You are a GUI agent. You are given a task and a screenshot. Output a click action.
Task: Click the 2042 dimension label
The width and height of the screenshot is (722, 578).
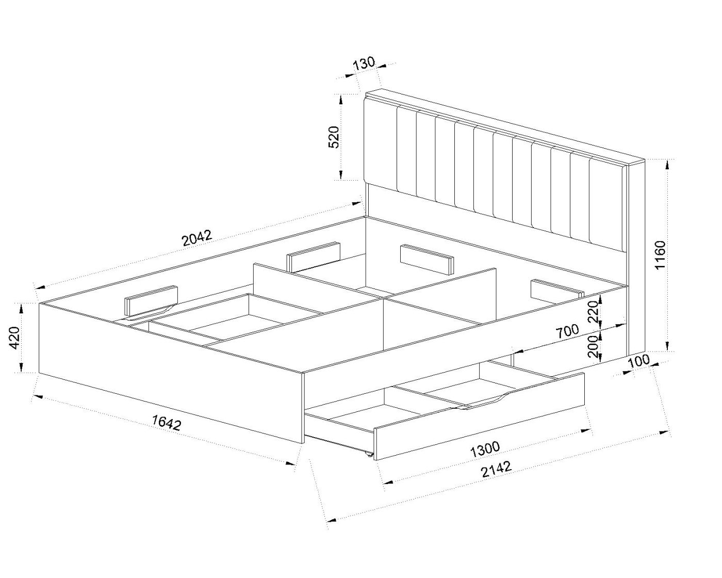(198, 238)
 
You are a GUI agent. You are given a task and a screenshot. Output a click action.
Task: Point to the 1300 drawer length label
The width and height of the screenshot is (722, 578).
(485, 449)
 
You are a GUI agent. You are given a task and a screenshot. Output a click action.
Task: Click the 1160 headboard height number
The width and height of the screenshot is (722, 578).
(660, 255)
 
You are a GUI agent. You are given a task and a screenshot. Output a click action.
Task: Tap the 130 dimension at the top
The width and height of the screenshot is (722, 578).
(364, 63)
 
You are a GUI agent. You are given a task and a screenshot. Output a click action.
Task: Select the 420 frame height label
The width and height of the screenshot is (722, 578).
(15, 337)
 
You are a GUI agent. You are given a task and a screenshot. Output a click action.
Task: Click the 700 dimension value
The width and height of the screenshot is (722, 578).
(568, 331)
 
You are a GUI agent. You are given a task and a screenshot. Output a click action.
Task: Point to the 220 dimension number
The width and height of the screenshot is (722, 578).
(593, 312)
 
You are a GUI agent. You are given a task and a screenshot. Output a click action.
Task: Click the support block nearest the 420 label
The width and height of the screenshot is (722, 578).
(151, 300)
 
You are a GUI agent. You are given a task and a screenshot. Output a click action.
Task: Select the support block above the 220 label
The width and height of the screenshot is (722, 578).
(557, 289)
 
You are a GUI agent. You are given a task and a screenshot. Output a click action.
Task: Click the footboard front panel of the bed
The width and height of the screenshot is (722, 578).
(171, 373)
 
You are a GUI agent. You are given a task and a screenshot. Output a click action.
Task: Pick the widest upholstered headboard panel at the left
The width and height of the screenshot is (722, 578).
(380, 144)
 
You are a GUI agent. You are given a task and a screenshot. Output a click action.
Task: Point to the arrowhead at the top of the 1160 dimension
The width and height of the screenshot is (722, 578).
(668, 165)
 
